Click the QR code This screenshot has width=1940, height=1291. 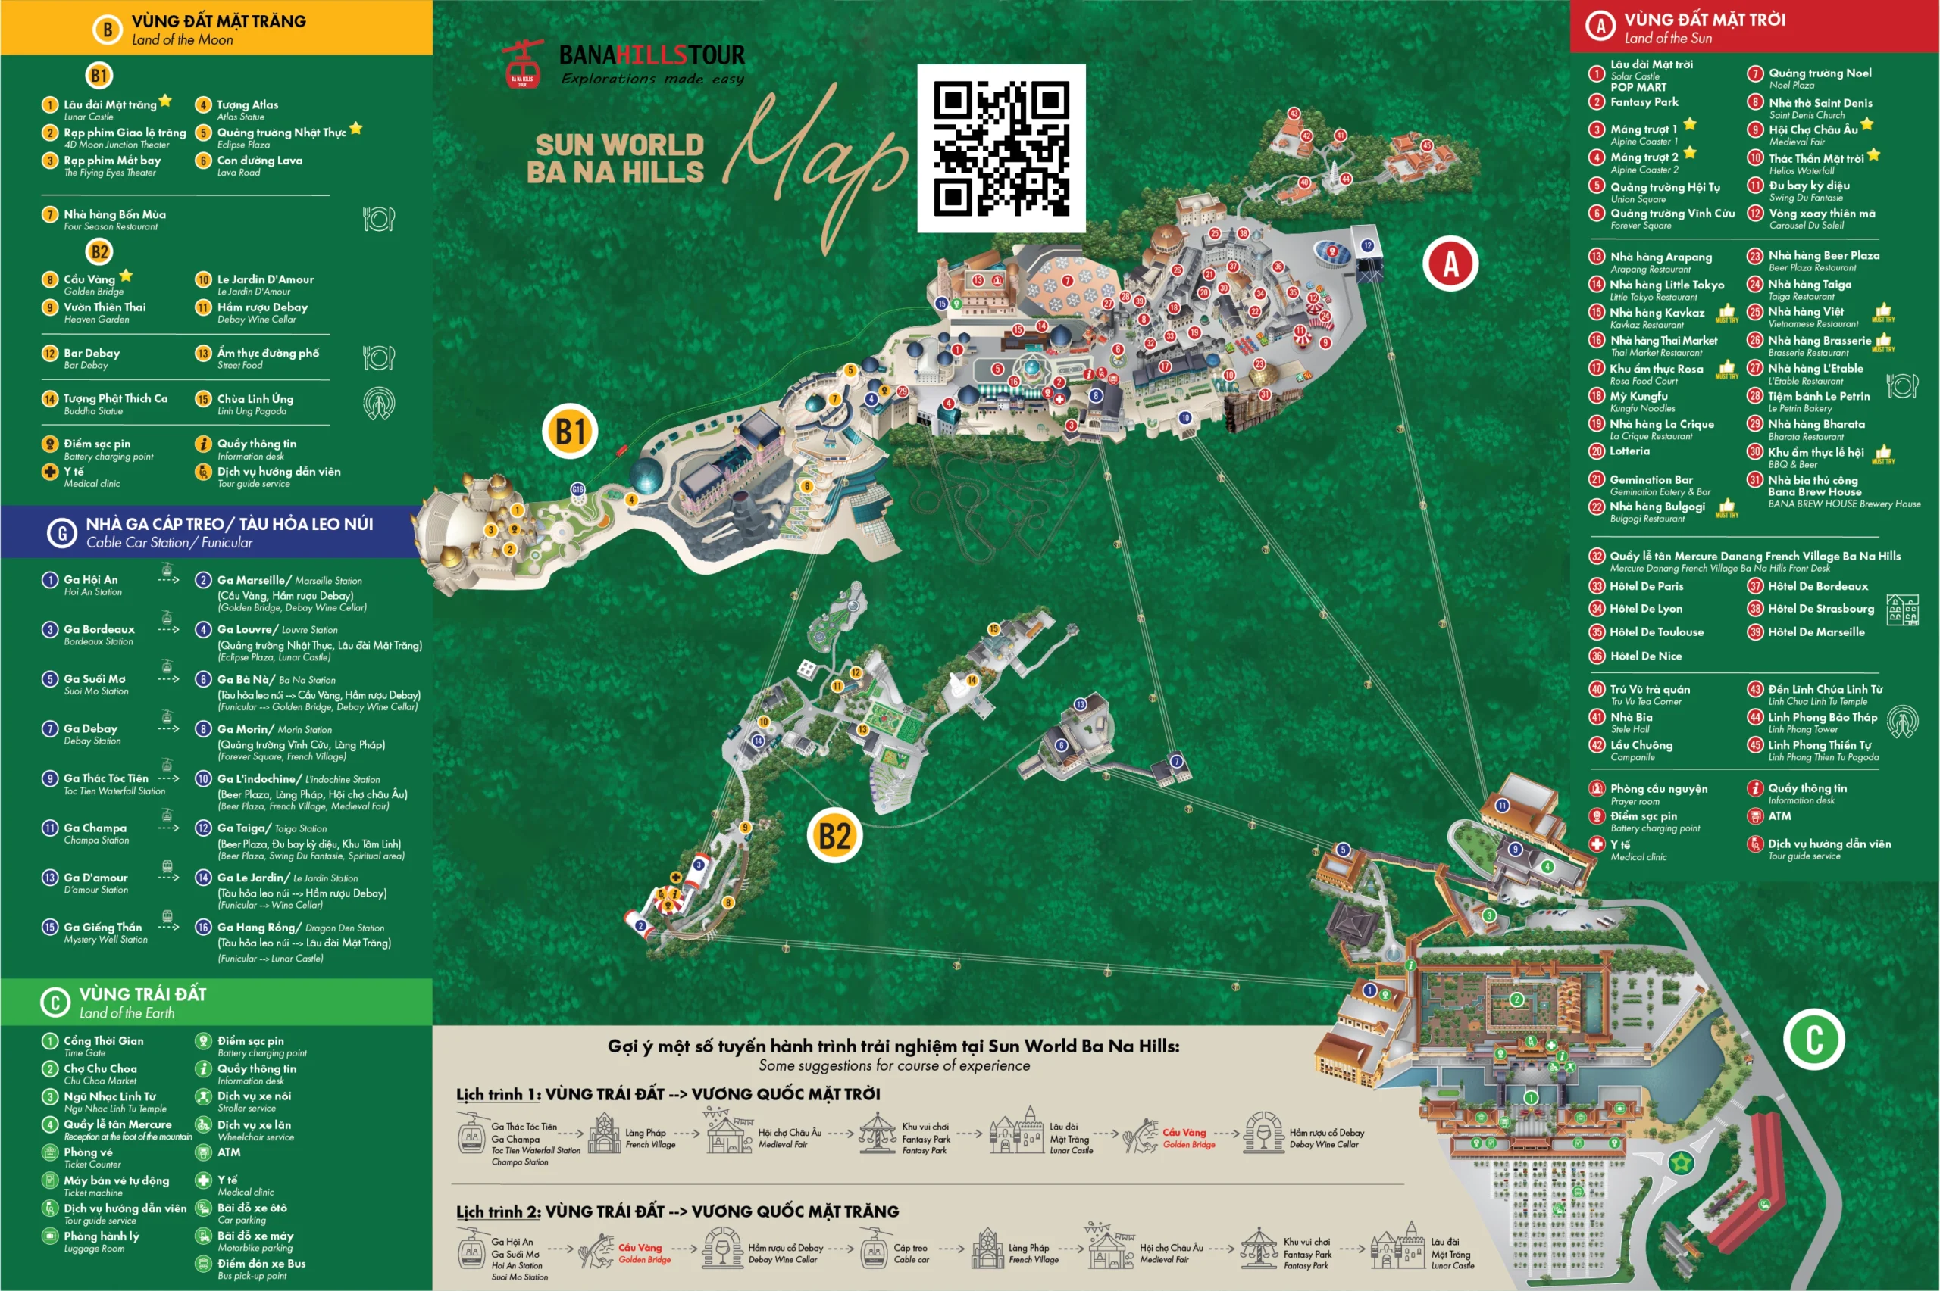pyautogui.click(x=1001, y=148)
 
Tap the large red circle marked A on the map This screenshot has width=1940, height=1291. pyautogui.click(x=1450, y=264)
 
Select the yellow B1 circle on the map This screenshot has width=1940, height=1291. pyautogui.click(x=570, y=432)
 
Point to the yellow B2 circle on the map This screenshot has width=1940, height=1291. pyautogui.click(x=834, y=836)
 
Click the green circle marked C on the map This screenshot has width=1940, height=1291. pyautogui.click(x=1814, y=1039)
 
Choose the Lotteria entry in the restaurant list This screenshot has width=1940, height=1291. pyautogui.click(x=1629, y=451)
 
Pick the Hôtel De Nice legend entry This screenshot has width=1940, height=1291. pyautogui.click(x=1645, y=656)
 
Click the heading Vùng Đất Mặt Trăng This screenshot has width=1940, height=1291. pyautogui.click(x=218, y=21)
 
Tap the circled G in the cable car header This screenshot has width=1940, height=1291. pyautogui.click(x=62, y=534)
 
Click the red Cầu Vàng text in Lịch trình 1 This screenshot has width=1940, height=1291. pyautogui.click(x=1184, y=1133)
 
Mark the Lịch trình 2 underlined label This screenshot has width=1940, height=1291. pyautogui.click(x=499, y=1212)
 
